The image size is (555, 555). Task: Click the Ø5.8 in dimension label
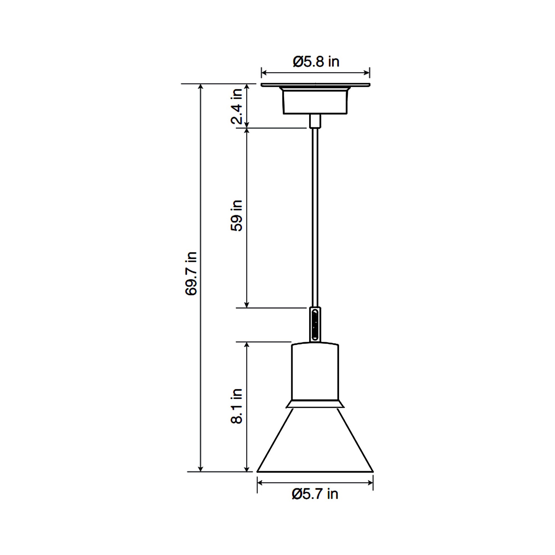pos(316,62)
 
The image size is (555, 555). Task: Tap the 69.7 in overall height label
pos(191,274)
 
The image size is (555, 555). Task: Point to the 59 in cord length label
pos(236,215)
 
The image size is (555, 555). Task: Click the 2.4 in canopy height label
pos(237,106)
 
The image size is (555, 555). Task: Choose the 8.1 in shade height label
pos(236,406)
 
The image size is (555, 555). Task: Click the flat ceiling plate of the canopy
pos(315,85)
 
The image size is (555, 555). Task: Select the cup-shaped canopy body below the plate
pos(315,102)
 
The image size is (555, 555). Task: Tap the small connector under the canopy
pos(315,121)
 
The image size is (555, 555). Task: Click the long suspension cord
pos(315,215)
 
